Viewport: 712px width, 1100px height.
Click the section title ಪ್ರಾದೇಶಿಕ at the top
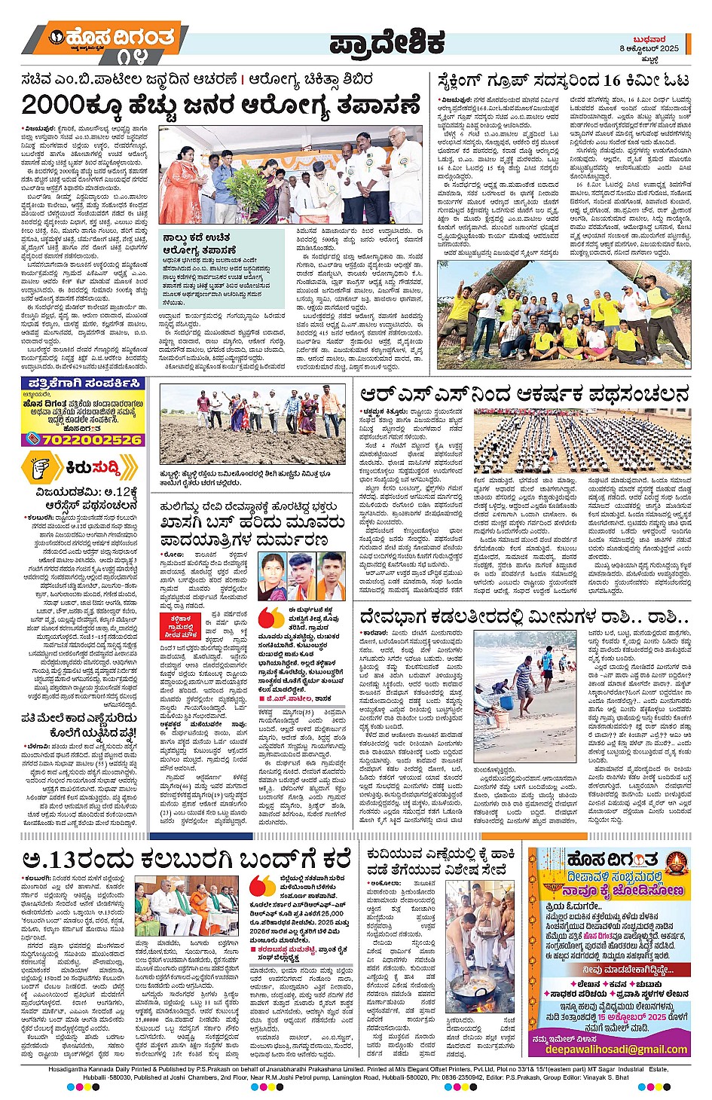click(387, 44)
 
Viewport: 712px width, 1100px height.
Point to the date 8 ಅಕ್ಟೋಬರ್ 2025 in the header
click(650, 48)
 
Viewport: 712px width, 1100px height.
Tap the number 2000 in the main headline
click(53, 105)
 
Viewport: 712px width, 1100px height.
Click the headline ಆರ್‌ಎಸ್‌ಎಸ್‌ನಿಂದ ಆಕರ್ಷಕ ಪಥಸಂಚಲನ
click(524, 394)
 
